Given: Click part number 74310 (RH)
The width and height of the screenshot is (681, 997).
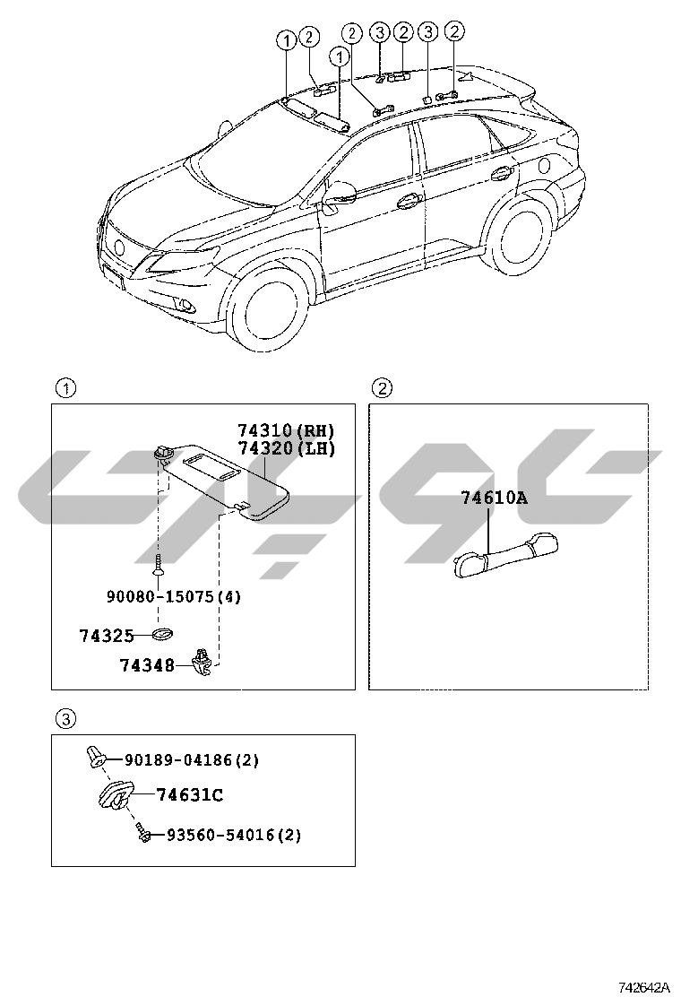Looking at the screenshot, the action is click(x=286, y=431).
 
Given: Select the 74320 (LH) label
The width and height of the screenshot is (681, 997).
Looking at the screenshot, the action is click(x=286, y=448).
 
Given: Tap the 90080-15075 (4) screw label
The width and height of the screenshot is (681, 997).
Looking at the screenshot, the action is click(x=174, y=596).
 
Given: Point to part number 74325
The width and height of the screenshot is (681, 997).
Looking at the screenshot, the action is click(x=107, y=635).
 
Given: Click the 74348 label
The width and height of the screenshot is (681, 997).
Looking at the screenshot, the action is click(x=147, y=665).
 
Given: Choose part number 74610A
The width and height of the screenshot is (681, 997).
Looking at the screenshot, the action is click(x=494, y=498).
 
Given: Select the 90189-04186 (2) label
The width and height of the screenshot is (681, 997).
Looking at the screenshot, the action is click(x=191, y=759).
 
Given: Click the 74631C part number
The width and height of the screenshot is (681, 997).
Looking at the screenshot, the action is click(x=189, y=794).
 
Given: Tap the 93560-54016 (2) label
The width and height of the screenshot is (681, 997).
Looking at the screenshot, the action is click(x=233, y=835).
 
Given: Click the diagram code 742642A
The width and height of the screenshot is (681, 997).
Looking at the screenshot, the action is click(x=643, y=986).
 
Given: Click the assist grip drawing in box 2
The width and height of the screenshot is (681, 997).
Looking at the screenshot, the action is click(x=505, y=555).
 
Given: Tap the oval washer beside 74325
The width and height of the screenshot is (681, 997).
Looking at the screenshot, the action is click(x=163, y=635).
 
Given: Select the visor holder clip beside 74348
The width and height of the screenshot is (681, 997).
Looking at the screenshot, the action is click(x=203, y=661).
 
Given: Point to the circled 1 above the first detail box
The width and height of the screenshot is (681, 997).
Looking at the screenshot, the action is click(x=66, y=387).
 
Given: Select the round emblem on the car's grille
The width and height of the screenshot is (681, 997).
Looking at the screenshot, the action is click(x=119, y=247).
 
